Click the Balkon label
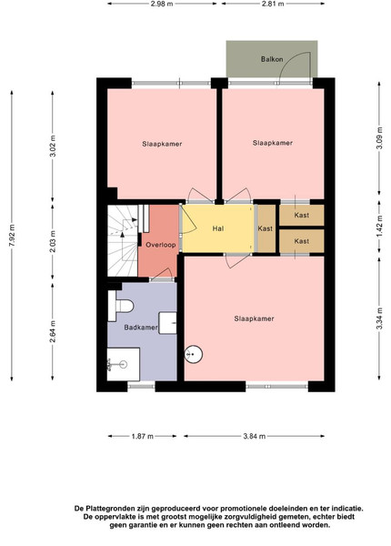tap(272, 59)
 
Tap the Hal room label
tap(218, 228)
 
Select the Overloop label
tap(160, 245)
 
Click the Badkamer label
tap(141, 328)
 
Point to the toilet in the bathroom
tap(120, 306)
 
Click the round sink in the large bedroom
tap(193, 355)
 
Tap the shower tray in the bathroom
tap(123, 364)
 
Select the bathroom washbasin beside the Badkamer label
tap(167, 323)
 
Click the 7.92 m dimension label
tap(12, 236)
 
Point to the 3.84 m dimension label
tap(255, 436)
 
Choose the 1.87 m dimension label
tap(143, 436)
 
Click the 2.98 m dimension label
tap(162, 4)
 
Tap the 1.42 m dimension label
tap(379, 226)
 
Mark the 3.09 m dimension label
tap(379, 138)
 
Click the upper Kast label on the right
tap(302, 215)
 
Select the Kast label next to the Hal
tap(266, 228)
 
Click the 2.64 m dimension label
tap(53, 331)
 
